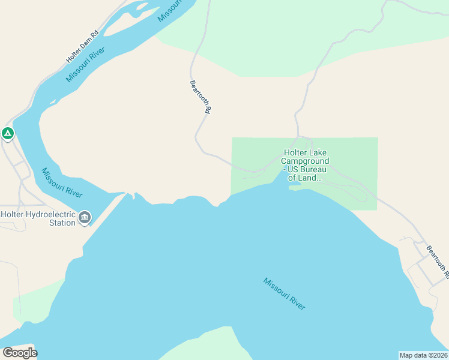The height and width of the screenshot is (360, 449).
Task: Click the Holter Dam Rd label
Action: pyautogui.click(x=82, y=47)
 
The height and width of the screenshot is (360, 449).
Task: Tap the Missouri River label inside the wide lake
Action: pyautogui.click(x=284, y=293)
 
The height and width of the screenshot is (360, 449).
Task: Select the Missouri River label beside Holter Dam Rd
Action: pyautogui.click(x=86, y=64)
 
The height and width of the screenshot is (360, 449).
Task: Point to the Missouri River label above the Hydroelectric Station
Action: pyautogui.click(x=62, y=183)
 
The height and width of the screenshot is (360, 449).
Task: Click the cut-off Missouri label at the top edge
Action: pyautogui.click(x=170, y=10)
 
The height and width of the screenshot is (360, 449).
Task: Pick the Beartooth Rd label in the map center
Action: pyautogui.click(x=200, y=97)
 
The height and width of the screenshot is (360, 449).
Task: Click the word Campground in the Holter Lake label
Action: pyautogui.click(x=306, y=161)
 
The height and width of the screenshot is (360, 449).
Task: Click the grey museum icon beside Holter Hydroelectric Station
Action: pyautogui.click(x=85, y=217)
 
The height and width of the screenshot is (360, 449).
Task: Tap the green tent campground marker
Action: pyautogui.click(x=7, y=133)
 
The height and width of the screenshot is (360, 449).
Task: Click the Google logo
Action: pyautogui.click(x=20, y=352)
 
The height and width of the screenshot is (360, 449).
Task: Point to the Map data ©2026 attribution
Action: pyautogui.click(x=423, y=355)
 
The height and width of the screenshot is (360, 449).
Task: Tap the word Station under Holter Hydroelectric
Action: pyautogui.click(x=62, y=223)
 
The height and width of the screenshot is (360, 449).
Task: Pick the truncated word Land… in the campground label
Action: pyautogui.click(x=311, y=178)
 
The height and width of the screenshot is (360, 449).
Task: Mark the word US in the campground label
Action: pyautogui.click(x=293, y=170)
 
